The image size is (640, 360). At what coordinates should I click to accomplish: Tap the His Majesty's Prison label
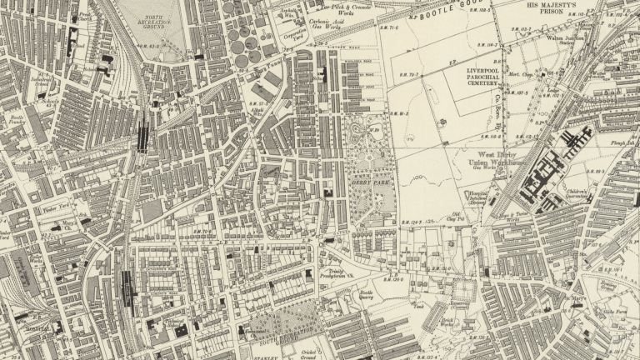tap(557, 9)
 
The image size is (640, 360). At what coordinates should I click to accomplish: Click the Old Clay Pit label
tap(456, 218)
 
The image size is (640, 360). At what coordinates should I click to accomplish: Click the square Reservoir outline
tap(462, 290)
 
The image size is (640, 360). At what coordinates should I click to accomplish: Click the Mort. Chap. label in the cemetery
tap(520, 76)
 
